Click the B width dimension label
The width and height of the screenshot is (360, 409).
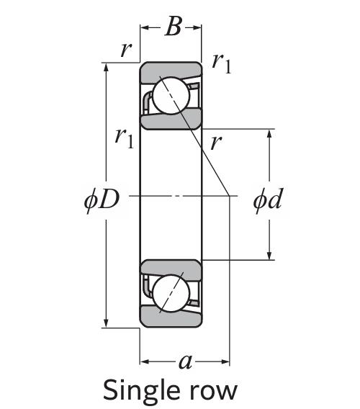pos(172,27)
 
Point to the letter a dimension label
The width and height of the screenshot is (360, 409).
pos(185,361)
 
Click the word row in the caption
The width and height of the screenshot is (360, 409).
pos(216,391)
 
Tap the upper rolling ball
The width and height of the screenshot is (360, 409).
pos(170,98)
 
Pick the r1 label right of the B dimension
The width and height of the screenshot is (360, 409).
pos(222,63)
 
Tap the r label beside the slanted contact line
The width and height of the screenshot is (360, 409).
pos(215,143)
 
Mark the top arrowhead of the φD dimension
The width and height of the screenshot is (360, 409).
pos(107,67)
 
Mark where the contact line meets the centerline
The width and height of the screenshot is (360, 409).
pos(230,195)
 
